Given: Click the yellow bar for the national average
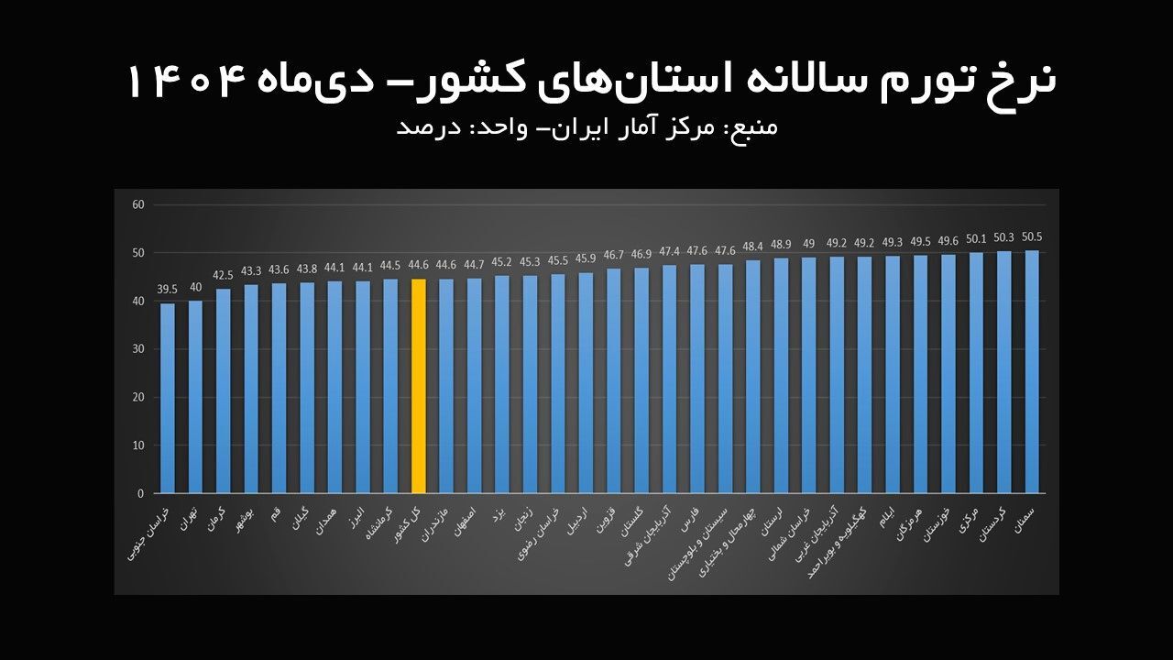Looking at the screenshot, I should (x=419, y=386).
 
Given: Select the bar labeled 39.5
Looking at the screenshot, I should (x=168, y=398).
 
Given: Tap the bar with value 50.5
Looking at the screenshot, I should (x=1032, y=371).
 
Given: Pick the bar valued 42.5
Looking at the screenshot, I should (x=224, y=390).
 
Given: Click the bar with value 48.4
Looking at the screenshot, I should (x=752, y=377).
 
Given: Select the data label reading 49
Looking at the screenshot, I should (x=808, y=244).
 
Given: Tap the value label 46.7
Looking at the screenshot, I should (x=613, y=255).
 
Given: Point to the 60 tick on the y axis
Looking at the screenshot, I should (x=138, y=204).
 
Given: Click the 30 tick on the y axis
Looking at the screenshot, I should (x=138, y=349).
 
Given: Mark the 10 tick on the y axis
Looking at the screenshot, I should (x=138, y=445).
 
